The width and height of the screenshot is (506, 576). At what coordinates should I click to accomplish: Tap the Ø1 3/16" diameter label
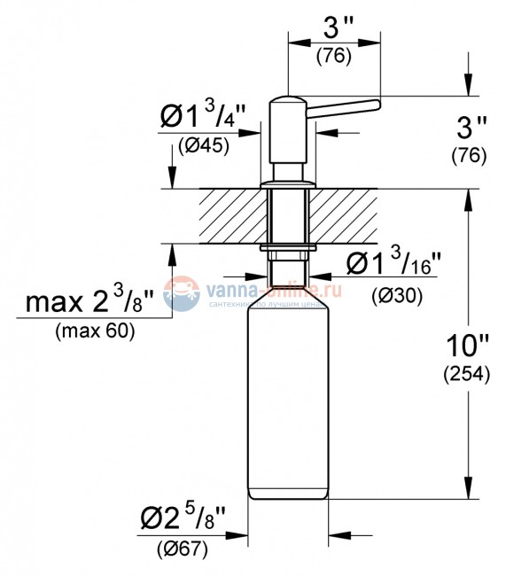click(x=393, y=263)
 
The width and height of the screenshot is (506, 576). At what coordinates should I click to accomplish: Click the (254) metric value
click(x=466, y=373)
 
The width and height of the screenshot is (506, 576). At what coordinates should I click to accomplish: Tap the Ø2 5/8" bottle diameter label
click(x=183, y=518)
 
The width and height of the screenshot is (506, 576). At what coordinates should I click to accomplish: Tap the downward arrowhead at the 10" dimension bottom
click(x=467, y=493)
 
